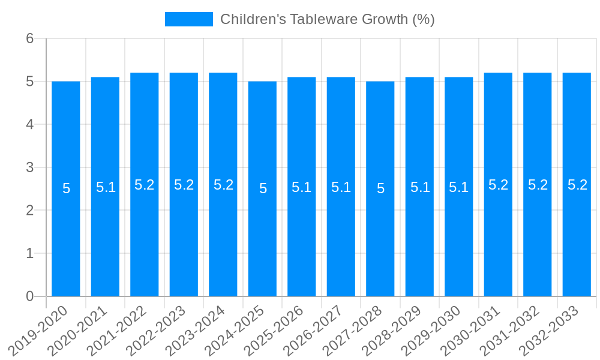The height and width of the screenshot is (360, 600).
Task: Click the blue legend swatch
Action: (x=188, y=19)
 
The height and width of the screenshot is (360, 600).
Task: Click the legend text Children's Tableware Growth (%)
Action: (x=327, y=19)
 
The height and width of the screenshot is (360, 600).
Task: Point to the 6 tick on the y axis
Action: (x=29, y=38)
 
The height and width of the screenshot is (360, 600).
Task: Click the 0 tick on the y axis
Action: (x=29, y=296)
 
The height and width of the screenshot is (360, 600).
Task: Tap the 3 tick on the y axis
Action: (x=29, y=167)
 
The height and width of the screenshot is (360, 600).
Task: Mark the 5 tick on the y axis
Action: (x=29, y=82)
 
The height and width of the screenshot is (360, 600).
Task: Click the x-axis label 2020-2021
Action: (x=78, y=330)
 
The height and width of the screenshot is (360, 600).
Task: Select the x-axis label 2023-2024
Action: (x=196, y=330)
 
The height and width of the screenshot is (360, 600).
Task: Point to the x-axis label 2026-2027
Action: (x=313, y=330)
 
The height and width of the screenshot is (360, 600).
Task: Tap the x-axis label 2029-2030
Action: (x=431, y=330)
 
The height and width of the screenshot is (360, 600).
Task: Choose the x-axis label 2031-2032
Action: (x=510, y=330)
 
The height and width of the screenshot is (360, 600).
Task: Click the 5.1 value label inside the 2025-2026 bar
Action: (x=301, y=187)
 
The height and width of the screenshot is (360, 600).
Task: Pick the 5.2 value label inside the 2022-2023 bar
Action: (x=184, y=185)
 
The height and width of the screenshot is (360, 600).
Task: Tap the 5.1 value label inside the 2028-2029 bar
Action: (x=419, y=187)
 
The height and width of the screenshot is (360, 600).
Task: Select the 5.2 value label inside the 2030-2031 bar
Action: (x=498, y=185)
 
